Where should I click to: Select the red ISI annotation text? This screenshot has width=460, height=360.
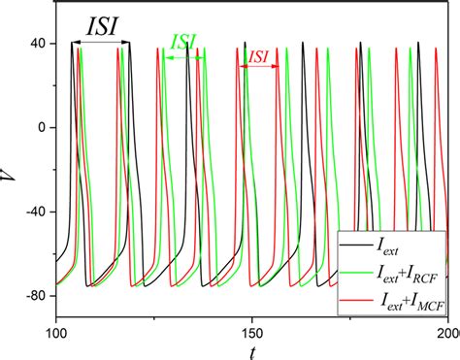258,57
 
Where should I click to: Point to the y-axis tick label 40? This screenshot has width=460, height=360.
41,44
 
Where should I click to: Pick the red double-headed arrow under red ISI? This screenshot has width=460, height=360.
258,67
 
